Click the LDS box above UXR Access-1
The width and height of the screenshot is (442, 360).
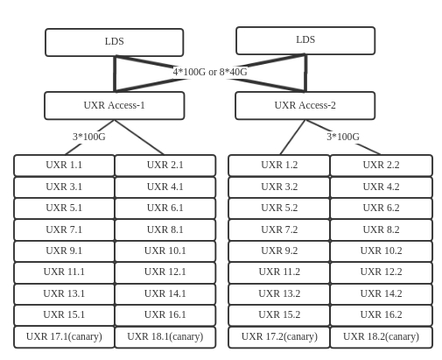point(115,42)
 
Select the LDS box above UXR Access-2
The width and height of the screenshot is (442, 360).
point(305,40)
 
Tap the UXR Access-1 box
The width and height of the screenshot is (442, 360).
point(115,105)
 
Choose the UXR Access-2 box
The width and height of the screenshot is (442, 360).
point(305,105)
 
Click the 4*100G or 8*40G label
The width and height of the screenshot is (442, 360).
point(210,72)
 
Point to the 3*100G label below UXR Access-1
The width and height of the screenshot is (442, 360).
point(89,137)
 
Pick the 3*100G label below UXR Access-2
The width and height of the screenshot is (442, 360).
point(343,137)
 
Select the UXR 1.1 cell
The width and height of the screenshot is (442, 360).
point(64,166)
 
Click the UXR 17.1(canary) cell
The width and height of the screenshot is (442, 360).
point(64,337)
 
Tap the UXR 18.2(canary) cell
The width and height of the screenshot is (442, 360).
point(382,337)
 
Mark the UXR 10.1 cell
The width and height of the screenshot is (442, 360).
point(165,251)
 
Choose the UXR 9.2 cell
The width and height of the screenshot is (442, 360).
point(279,251)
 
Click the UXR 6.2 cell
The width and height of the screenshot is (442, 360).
point(382,208)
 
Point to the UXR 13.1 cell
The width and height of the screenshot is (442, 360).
point(64,294)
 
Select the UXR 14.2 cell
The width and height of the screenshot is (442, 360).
point(382,294)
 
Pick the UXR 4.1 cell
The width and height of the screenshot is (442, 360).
point(165,187)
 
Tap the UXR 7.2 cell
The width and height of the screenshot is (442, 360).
point(279,229)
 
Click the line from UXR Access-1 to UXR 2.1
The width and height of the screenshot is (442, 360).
point(139,137)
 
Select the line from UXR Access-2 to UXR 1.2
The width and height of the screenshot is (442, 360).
point(292,137)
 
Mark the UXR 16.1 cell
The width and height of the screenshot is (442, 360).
point(165,315)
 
